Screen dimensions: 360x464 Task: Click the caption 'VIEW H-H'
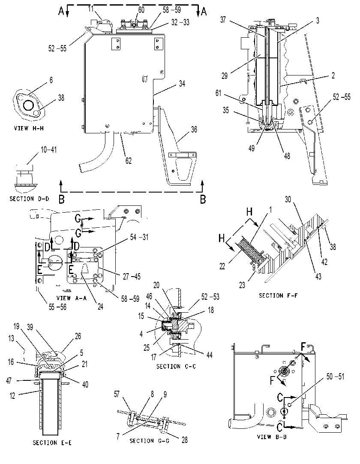tap(29, 128)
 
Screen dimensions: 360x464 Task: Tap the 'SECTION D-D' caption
tap(29, 199)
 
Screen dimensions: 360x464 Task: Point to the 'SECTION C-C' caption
tap(176, 366)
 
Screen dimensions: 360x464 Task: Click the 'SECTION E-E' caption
tap(52, 443)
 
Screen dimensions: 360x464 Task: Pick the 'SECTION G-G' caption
tap(150, 441)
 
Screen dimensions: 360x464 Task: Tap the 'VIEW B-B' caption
tap(272, 437)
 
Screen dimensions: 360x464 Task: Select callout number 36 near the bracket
tap(194, 130)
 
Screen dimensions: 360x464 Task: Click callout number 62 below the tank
tap(129, 161)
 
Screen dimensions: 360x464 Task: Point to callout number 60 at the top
tap(141, 10)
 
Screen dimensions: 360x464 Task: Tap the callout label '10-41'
tap(48, 150)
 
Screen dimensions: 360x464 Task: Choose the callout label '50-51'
tap(335, 377)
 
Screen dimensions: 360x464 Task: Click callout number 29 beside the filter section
tap(225, 76)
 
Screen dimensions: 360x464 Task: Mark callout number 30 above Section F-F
tap(288, 199)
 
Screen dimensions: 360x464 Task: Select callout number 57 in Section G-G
tap(117, 394)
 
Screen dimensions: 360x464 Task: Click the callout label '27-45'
tap(132, 277)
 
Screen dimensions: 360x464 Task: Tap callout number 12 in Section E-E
tap(12, 396)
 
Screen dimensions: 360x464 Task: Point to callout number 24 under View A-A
tap(100, 307)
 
